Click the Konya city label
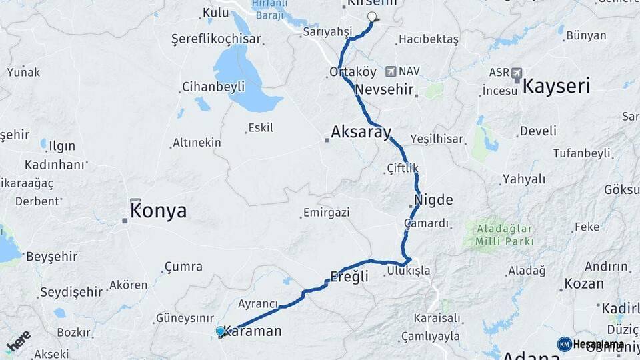pyautogui.click(x=159, y=211)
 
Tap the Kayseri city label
pyautogui.click(x=556, y=85)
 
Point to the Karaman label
pyautogui.click(x=253, y=331)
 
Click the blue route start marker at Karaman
pyautogui.click(x=221, y=331)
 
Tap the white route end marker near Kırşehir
pyautogui.click(x=372, y=17)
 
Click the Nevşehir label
pyautogui.click(x=385, y=89)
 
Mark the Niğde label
pyautogui.click(x=433, y=200)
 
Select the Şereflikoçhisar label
pyautogui.click(x=216, y=39)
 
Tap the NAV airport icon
pyautogui.click(x=389, y=71)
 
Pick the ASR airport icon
pyautogui.click(x=517, y=73)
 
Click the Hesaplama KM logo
pyautogui.click(x=565, y=344)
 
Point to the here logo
pyautogui.click(x=18, y=341)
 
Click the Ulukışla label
pyautogui.click(x=408, y=271)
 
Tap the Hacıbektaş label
pyautogui.click(x=429, y=39)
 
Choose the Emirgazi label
pyautogui.click(x=326, y=212)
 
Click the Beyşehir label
pyautogui.click(x=52, y=256)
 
